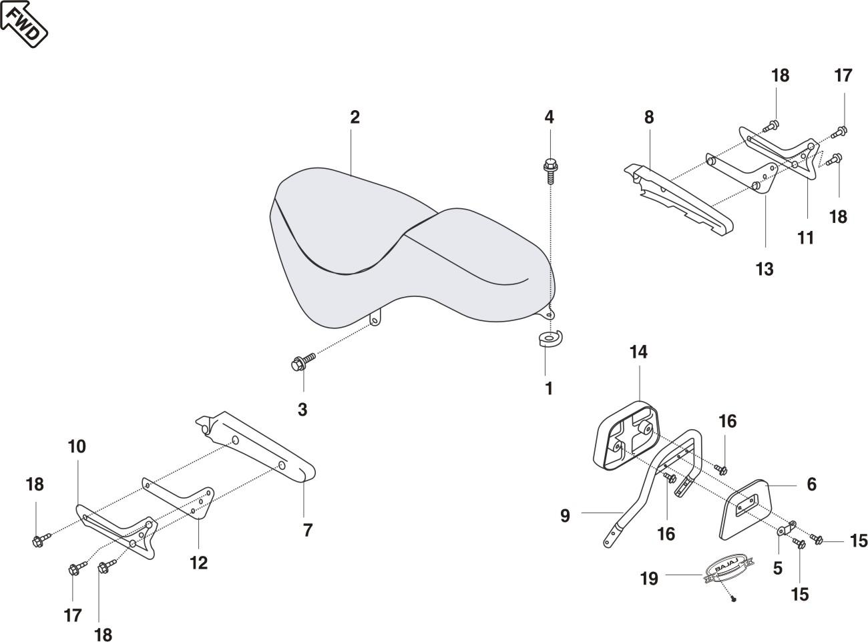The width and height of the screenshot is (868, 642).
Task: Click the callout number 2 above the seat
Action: click(355, 117)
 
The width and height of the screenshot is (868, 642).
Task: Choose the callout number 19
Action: click(649, 578)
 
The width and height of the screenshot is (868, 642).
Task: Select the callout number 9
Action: click(565, 515)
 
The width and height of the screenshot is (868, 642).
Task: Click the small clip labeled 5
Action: click(786, 529)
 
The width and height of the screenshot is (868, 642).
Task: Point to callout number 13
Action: click(765, 269)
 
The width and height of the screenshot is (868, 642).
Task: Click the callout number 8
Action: click(648, 117)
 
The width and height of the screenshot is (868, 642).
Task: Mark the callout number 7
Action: click(307, 530)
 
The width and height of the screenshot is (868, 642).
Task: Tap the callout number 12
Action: click(198, 563)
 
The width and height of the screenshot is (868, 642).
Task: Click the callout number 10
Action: click(77, 446)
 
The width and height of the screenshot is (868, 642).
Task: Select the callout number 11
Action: click(806, 238)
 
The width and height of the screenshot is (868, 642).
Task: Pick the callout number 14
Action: click(638, 352)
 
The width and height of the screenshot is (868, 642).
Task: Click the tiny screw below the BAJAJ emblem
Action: click(734, 599)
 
